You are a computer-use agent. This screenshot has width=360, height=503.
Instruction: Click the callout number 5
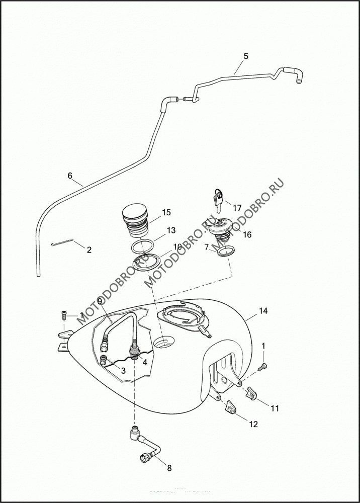(x=245, y=56)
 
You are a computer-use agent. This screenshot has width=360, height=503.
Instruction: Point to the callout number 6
(x=70, y=176)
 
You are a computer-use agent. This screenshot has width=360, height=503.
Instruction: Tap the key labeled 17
(x=217, y=199)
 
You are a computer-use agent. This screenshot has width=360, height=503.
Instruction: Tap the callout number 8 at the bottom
(x=169, y=468)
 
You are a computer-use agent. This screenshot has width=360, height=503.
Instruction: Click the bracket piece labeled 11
(x=252, y=394)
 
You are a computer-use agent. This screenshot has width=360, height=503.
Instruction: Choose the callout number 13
(x=171, y=230)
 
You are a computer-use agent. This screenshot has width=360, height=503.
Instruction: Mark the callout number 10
(x=177, y=246)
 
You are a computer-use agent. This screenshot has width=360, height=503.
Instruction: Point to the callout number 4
(x=144, y=361)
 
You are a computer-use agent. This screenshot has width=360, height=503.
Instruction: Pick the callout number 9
(x=100, y=301)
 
